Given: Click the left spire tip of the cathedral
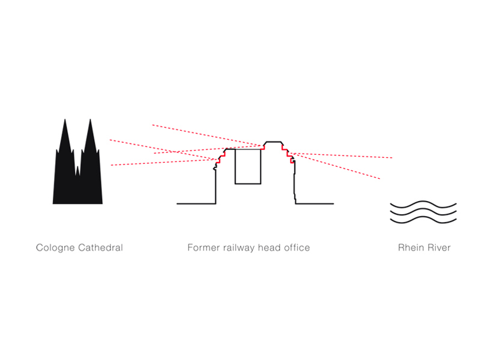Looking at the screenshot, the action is click(65, 119).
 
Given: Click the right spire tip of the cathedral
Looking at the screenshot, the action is click(90, 119).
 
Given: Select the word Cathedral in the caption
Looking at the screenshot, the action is click(100, 248).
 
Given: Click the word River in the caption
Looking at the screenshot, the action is click(438, 248).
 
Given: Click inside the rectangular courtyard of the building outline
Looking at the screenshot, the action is click(248, 166).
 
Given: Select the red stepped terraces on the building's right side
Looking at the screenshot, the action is click(288, 154).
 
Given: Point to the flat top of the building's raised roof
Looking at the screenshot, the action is click(273, 142).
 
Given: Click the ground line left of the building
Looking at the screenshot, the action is click(196, 204).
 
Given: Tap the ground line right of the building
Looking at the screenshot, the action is click(315, 204).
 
